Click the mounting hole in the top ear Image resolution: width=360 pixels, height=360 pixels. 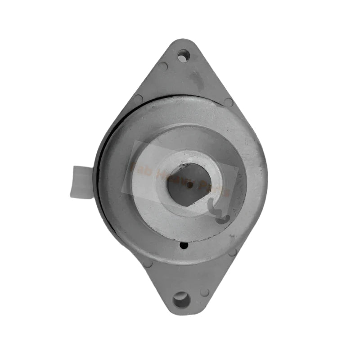182,57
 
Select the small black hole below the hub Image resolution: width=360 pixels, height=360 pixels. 184,246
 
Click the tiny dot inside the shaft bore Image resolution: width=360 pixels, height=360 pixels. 189,184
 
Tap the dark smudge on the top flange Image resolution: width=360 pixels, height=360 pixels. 196,81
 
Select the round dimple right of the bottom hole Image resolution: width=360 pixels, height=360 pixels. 205,292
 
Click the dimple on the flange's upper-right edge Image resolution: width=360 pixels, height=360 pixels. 228,102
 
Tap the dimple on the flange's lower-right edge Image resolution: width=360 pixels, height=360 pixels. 233,252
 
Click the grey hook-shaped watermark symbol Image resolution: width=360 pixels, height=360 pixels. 218,211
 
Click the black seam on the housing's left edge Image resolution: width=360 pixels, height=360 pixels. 102,180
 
